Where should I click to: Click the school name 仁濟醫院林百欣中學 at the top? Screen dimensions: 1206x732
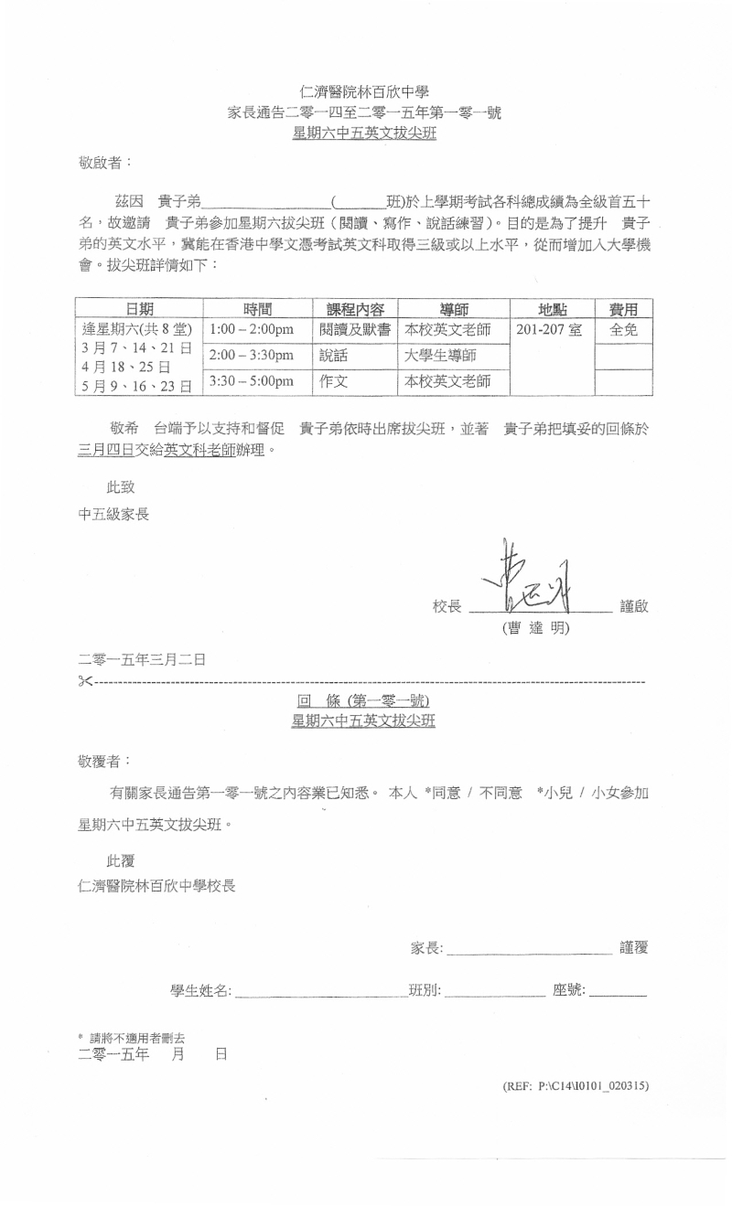pyautogui.click(x=364, y=91)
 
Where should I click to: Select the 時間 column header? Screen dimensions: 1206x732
pyautogui.click(x=258, y=309)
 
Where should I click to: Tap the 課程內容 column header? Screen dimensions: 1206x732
pyautogui.click(x=355, y=309)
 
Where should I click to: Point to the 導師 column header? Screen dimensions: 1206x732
pyautogui.click(x=454, y=309)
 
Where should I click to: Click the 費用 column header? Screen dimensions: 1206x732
pyautogui.click(x=623, y=309)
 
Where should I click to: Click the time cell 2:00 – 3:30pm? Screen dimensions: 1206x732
pyautogui.click(x=252, y=356)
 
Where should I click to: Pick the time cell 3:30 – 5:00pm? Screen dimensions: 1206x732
pyautogui.click(x=252, y=381)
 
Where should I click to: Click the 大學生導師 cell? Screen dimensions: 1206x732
pyautogui.click(x=444, y=356)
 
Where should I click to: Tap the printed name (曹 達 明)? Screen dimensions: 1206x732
pyautogui.click(x=535, y=628)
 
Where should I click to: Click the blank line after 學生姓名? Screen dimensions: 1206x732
pyautogui.click(x=320, y=991)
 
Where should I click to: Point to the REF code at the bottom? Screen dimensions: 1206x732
pyautogui.click(x=576, y=1086)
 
